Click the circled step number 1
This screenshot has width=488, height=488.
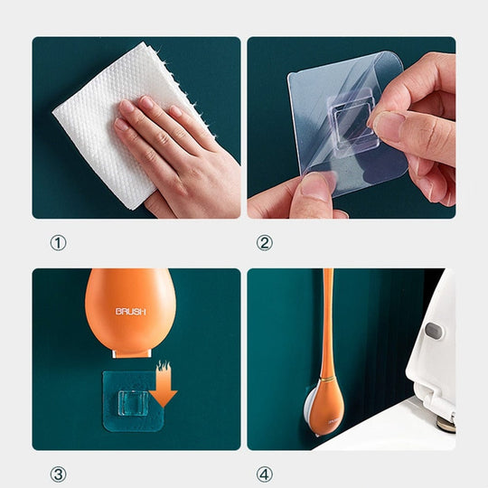pos(59,243)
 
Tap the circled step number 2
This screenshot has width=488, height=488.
pos(265,243)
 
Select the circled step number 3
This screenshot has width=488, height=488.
pos(59,472)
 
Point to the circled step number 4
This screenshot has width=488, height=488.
pos(265,472)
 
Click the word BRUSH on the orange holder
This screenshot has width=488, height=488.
pos(129,312)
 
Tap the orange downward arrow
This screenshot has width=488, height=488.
pos(164,384)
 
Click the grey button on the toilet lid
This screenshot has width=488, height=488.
pos(432,333)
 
